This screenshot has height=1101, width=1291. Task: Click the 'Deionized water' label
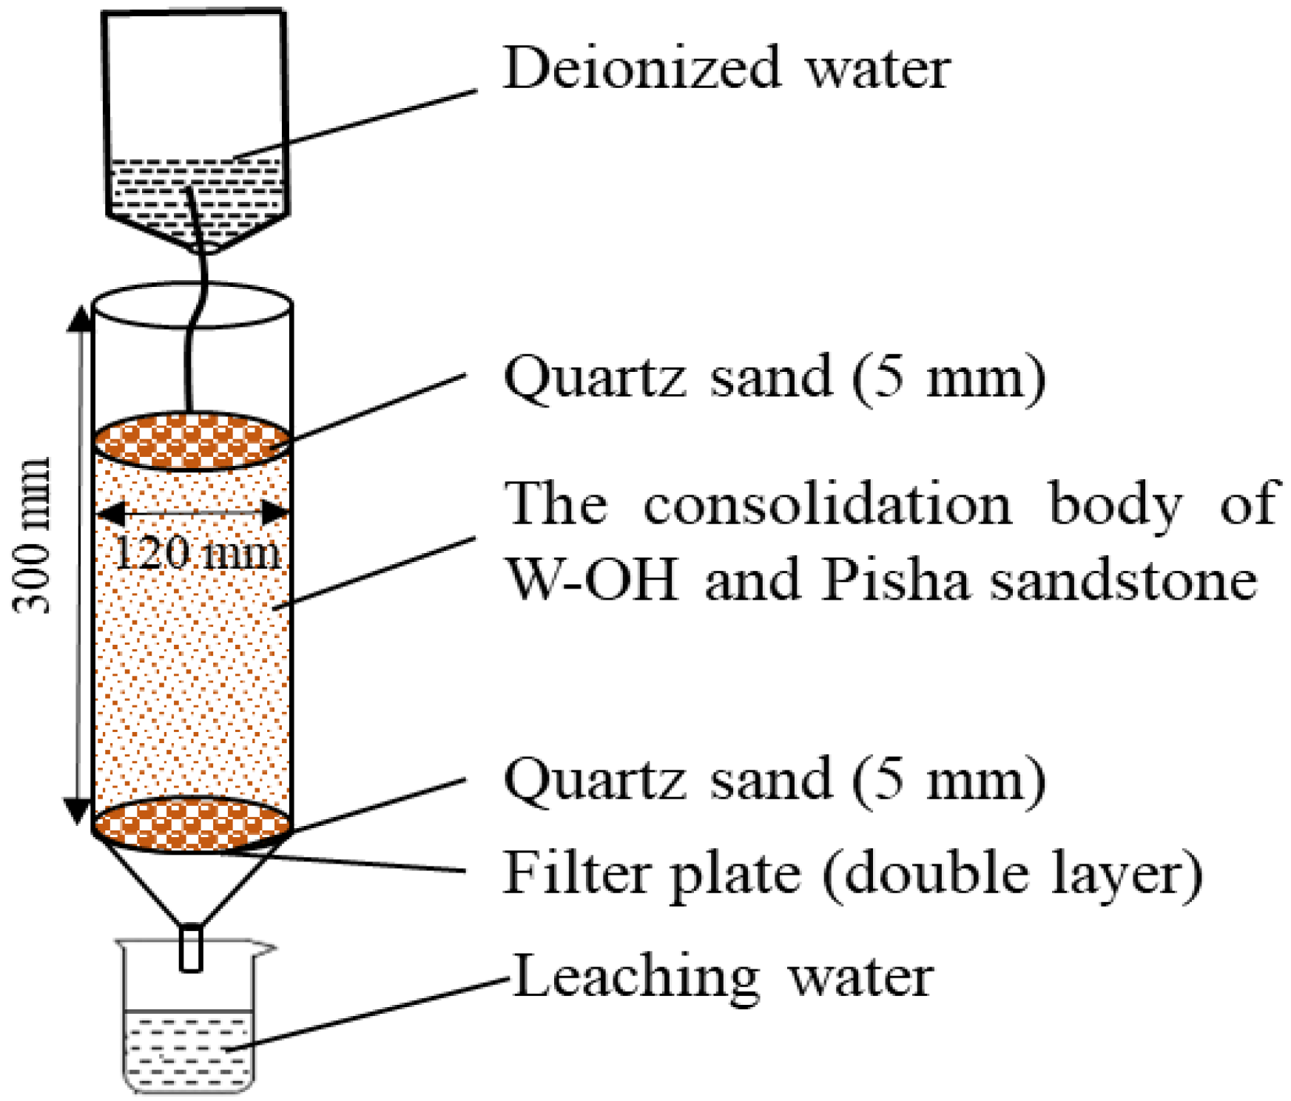[727, 68]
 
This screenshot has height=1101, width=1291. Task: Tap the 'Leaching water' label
[723, 976]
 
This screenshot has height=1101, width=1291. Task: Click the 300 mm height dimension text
[33, 536]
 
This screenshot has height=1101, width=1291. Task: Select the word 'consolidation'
[827, 504]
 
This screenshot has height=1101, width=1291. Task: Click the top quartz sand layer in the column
[192, 441]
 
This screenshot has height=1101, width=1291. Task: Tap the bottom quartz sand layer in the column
[192, 825]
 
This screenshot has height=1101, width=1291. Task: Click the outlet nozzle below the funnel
[191, 947]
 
